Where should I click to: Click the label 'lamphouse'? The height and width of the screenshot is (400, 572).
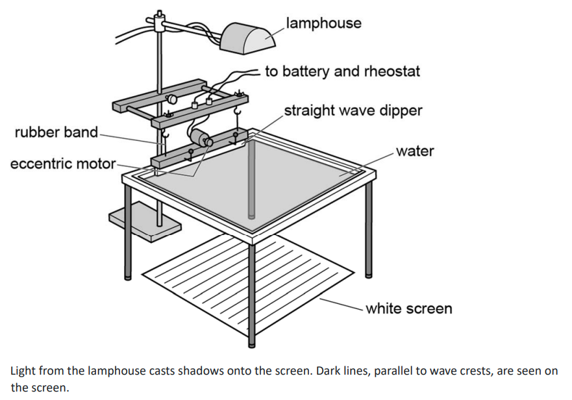(x=323, y=23)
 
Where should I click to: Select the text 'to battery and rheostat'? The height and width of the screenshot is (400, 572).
(x=342, y=71)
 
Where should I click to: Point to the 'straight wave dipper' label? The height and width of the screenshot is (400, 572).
(x=353, y=110)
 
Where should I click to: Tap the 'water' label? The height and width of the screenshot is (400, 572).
(x=415, y=151)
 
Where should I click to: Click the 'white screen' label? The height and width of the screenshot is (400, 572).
(x=408, y=308)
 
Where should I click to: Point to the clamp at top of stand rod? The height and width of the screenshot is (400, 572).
(x=158, y=21)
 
